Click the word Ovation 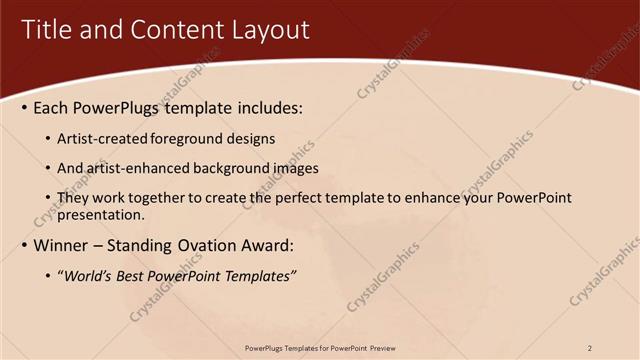click(x=217, y=245)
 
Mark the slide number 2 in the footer click(x=590, y=348)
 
